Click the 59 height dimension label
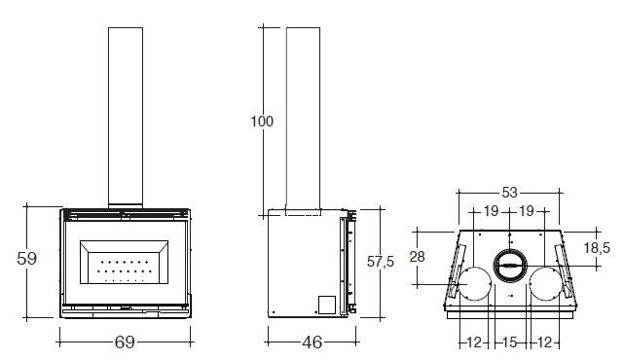point(26,259)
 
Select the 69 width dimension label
point(125,342)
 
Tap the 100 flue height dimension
point(262,122)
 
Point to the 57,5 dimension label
point(381,262)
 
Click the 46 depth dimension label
point(312,342)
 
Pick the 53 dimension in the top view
point(509,193)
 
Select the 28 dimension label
point(417,257)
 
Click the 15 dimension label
point(509,342)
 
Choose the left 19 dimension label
point(491,211)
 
